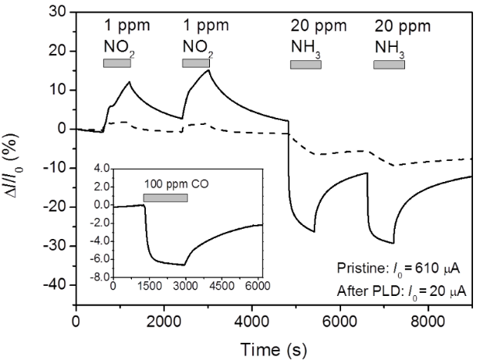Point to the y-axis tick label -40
[x=53, y=286]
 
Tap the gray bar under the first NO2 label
[x=117, y=63]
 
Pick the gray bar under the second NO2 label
[x=196, y=63]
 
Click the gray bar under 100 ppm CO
[x=165, y=198]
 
